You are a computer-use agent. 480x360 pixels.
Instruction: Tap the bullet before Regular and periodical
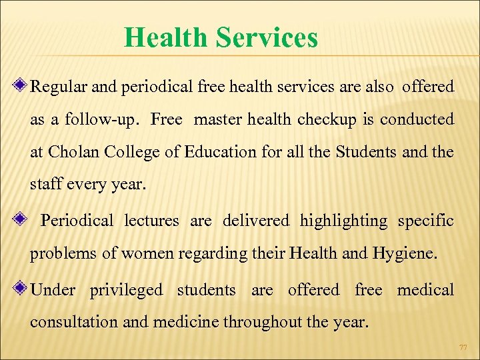(22, 86)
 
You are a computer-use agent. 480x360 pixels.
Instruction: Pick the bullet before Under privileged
(22, 289)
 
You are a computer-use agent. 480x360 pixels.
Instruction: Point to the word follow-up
(99, 120)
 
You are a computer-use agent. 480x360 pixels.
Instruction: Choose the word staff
(46, 184)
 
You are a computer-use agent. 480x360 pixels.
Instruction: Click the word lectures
(151, 221)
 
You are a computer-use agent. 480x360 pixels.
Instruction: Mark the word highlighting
(343, 221)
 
